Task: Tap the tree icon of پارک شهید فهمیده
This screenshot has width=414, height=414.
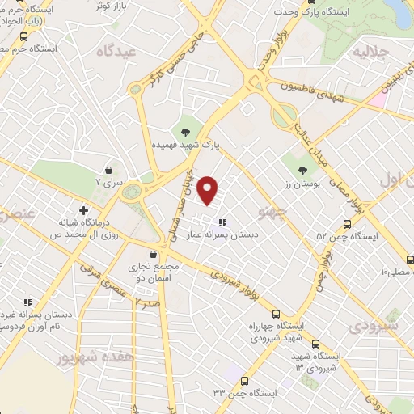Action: [187, 131]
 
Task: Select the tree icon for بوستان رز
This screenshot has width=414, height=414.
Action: [302, 171]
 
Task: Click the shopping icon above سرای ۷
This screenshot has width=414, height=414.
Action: [108, 171]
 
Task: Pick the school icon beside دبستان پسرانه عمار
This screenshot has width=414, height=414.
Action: [222, 222]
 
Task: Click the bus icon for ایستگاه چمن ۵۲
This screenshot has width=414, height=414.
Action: [347, 224]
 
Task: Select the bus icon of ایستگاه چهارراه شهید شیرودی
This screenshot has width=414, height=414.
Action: [277, 314]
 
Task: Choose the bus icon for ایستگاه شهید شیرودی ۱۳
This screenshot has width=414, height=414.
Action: [315, 343]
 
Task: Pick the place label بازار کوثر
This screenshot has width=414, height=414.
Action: [90, 6]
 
